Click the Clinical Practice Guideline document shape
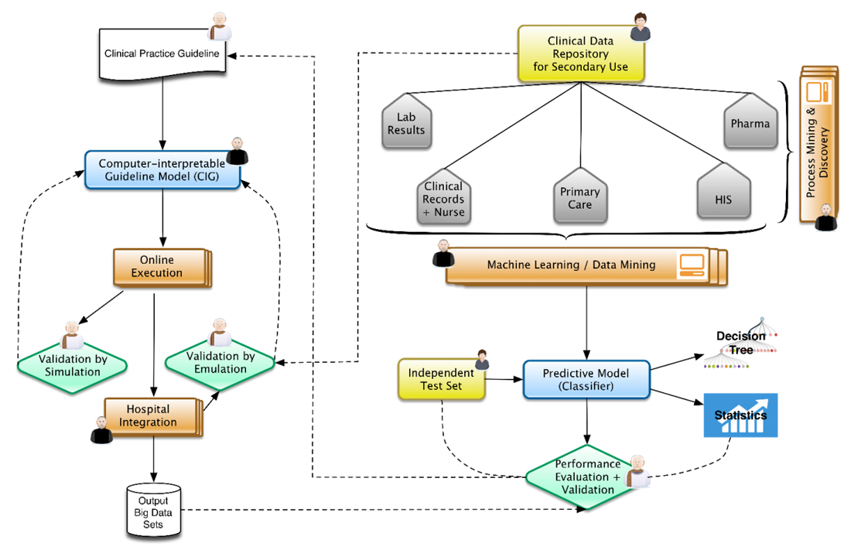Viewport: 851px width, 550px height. tap(162, 54)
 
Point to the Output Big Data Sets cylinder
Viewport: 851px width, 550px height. tap(153, 511)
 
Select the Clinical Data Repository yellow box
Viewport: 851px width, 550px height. tap(580, 55)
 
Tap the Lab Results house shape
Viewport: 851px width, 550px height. tap(406, 124)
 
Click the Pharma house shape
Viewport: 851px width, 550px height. tap(750, 123)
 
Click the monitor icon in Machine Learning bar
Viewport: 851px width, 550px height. tap(690, 265)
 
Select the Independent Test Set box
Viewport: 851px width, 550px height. tap(441, 379)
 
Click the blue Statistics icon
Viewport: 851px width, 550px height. tap(740, 415)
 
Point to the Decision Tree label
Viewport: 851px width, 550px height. tap(740, 343)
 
